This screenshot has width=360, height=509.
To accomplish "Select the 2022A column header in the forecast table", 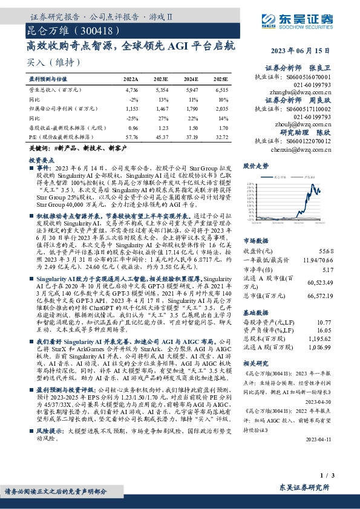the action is [131, 79].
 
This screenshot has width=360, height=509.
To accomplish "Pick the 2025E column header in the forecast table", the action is [221, 79].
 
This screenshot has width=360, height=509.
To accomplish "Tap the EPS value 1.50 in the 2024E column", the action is [192, 129].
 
